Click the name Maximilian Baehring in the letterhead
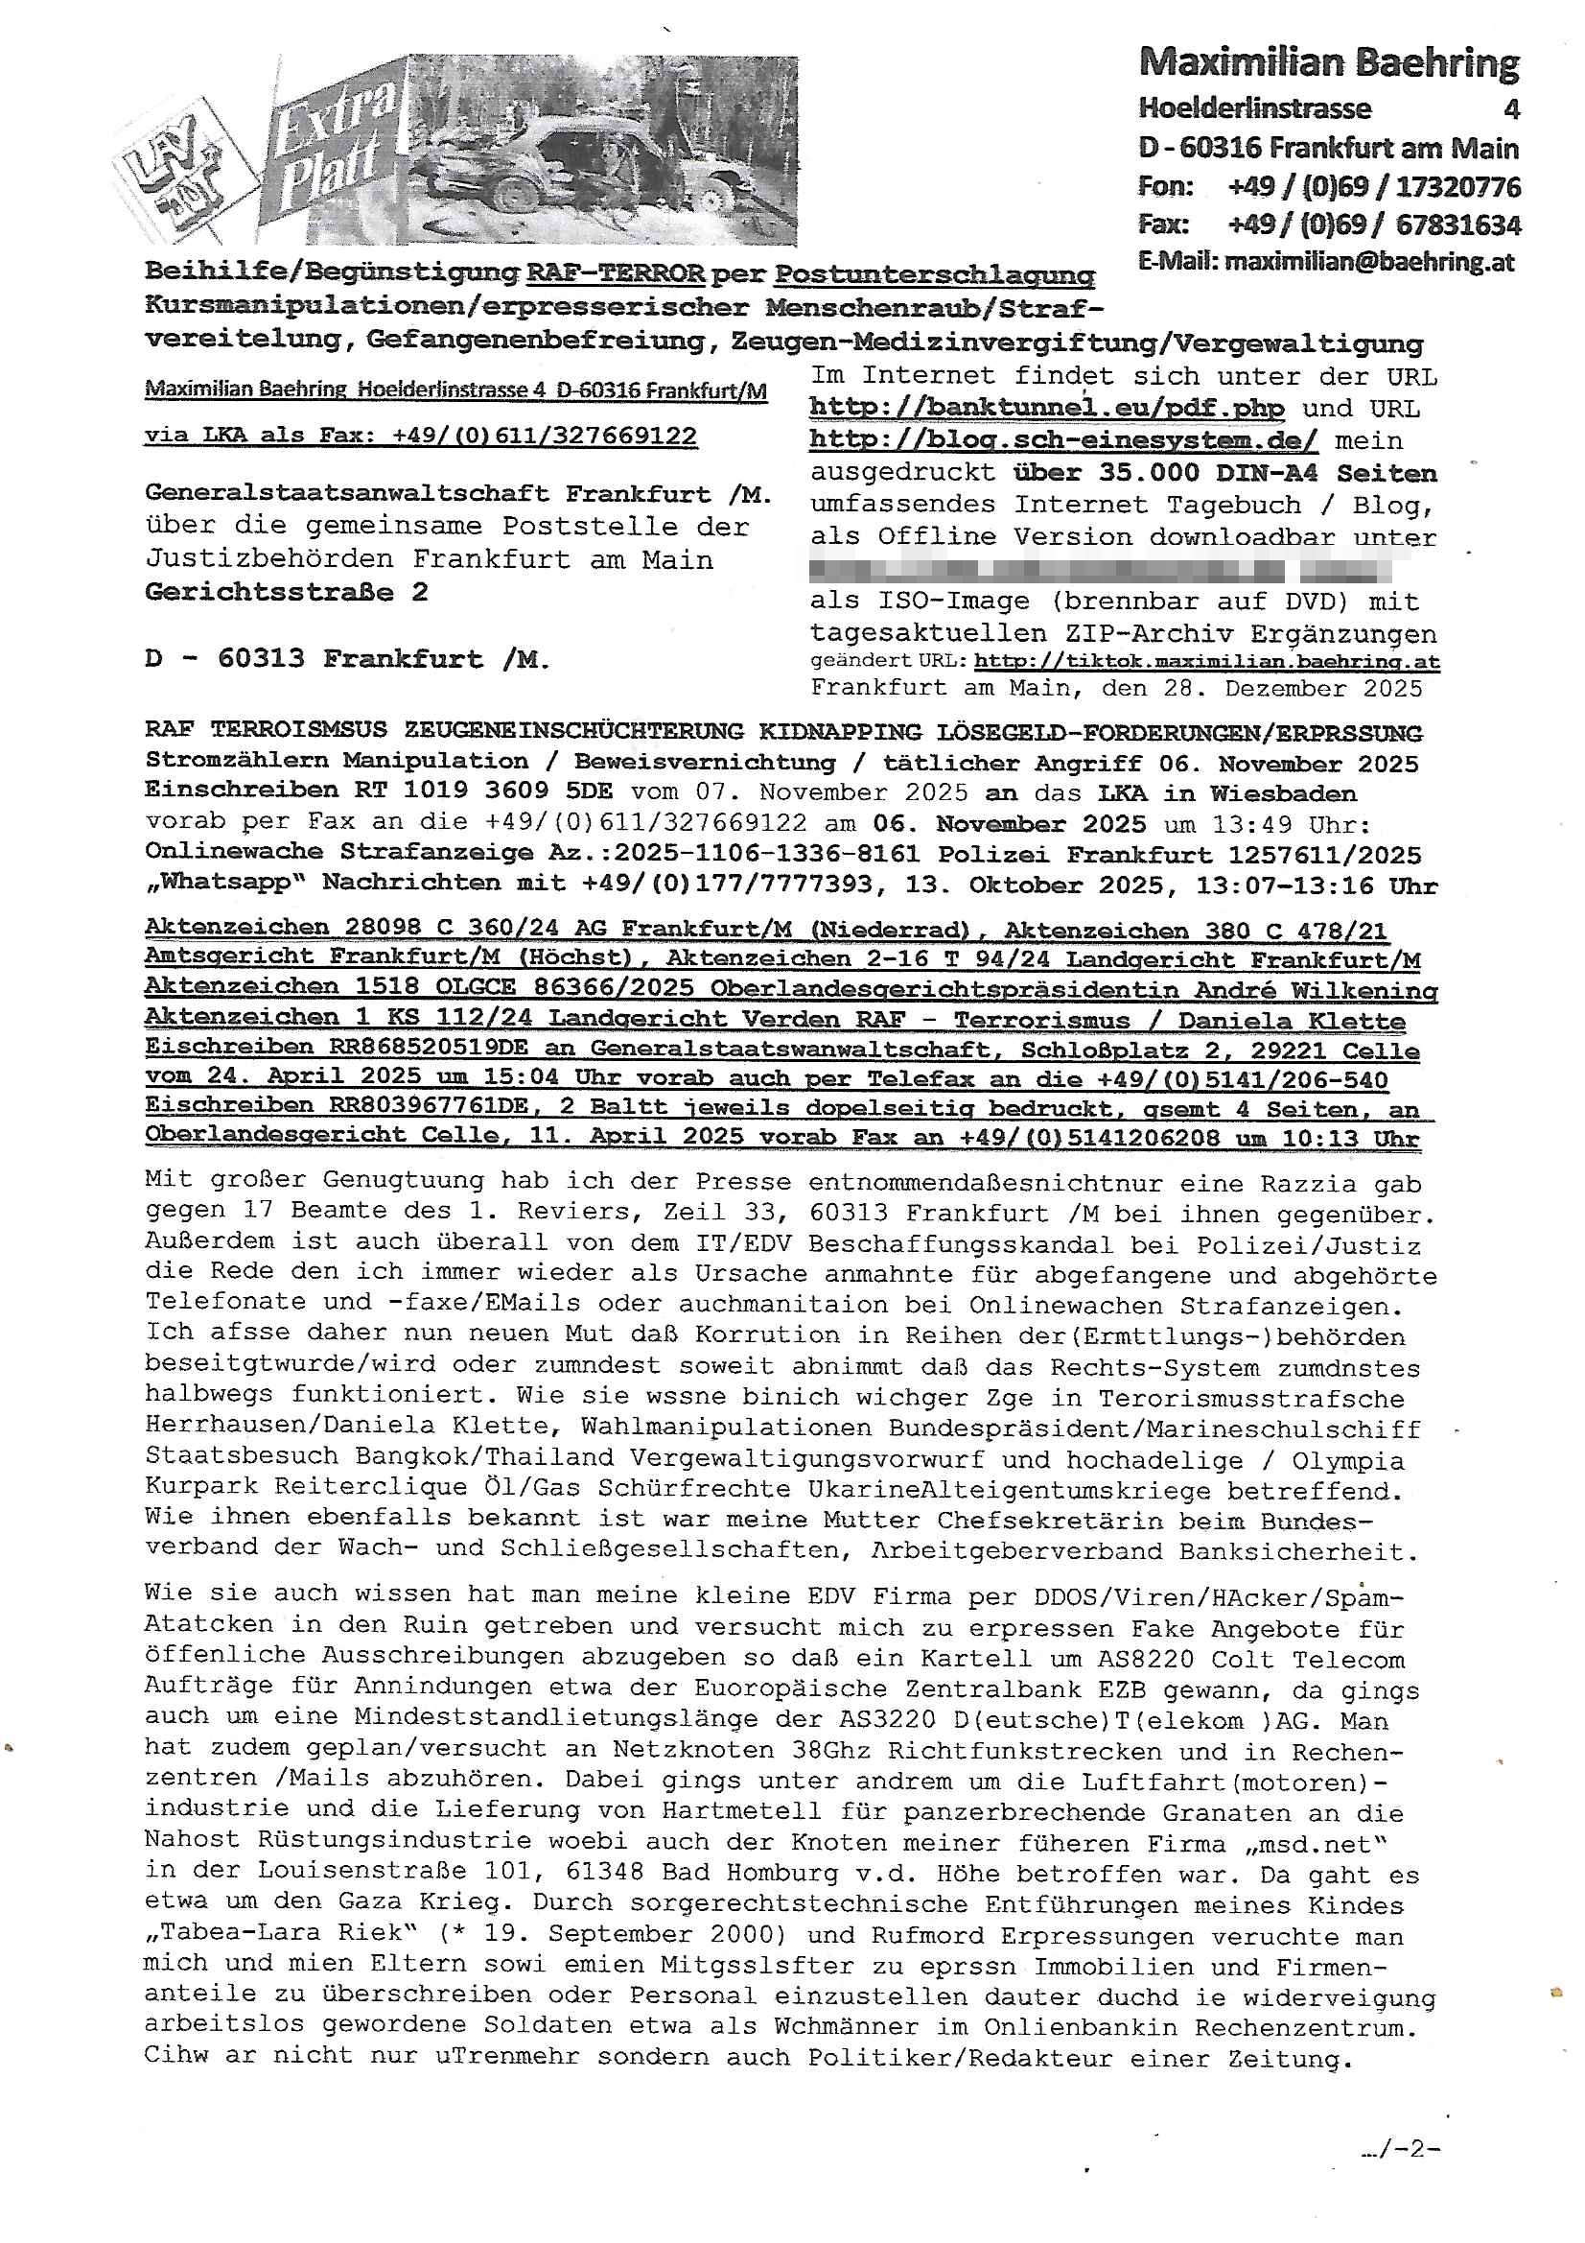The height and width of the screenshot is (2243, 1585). click(1328, 63)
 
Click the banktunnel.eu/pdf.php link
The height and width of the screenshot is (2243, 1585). click(1046, 408)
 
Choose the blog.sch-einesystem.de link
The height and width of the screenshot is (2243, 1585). click(1062, 440)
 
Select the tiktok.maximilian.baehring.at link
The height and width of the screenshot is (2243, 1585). click(1206, 661)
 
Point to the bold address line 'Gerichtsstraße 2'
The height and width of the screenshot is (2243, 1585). click(286, 592)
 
